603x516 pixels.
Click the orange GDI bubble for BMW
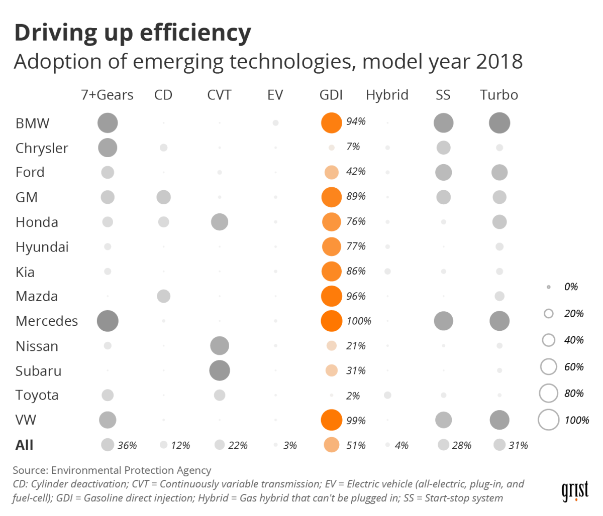click(331, 123)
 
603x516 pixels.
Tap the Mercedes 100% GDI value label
click(359, 321)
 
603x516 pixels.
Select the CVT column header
click(219, 95)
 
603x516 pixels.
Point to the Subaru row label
click(38, 371)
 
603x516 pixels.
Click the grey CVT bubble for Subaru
click(220, 370)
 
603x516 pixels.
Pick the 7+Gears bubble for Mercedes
click(108, 321)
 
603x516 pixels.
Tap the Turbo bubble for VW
click(499, 420)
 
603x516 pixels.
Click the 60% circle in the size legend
click(548, 367)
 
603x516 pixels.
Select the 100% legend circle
click(548, 420)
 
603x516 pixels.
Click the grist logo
click(574, 491)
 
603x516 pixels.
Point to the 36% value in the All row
click(127, 445)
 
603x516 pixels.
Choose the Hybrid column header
click(387, 95)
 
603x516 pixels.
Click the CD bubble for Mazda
click(163, 296)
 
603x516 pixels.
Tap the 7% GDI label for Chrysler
click(353, 147)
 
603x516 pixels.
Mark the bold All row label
click(24, 445)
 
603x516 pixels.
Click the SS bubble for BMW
click(443, 123)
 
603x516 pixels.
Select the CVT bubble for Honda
click(220, 221)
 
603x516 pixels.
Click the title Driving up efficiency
click(133, 33)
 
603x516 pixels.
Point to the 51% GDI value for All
click(356, 445)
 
